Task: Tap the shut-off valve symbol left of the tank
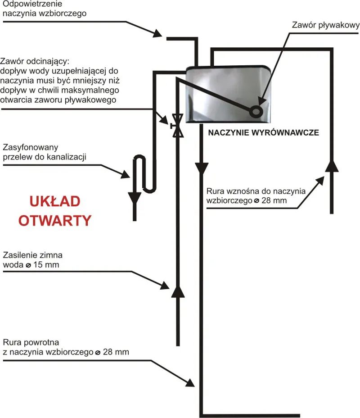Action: pos(177,124)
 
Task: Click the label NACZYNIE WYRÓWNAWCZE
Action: pos(263,133)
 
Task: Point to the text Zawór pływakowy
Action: pos(325,26)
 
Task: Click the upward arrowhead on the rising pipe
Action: pos(332,165)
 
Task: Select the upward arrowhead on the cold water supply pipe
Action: pos(177,291)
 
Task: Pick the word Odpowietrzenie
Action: pos(31,4)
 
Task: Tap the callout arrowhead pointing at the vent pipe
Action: pos(158,33)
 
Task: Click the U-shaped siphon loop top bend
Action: pos(139,157)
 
